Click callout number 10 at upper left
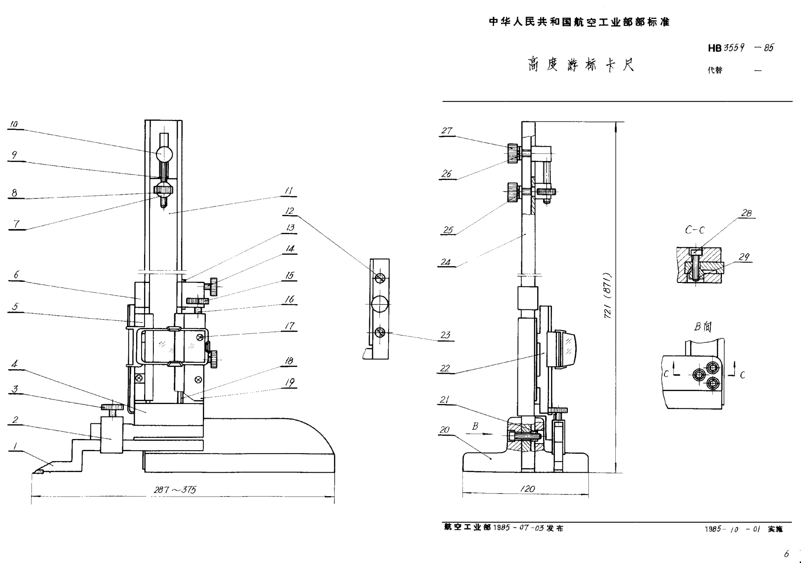pos(14,124)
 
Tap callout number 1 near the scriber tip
pos(15,446)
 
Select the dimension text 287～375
pos(175,490)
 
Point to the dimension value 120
pos(528,489)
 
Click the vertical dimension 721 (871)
pos(608,296)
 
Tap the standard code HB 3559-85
pos(741,48)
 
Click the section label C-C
pos(695,230)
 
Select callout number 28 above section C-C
pos(746,213)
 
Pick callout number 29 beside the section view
pos(744,257)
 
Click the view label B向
pos(703,327)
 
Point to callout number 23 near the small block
pos(445,335)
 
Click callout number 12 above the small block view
pos(289,211)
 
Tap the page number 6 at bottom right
pos(786,554)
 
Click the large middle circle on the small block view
pos(380,304)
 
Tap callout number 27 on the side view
pos(446,131)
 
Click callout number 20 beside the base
pos(444,430)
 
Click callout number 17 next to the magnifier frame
pos(289,326)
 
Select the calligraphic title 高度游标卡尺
pos(581,65)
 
